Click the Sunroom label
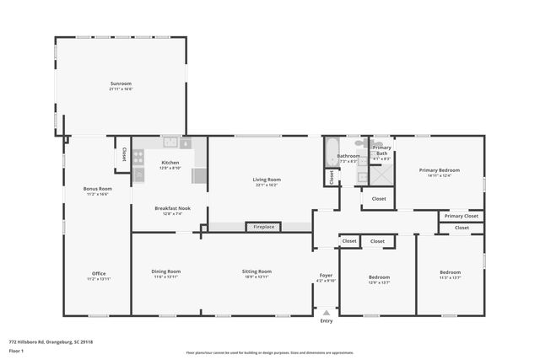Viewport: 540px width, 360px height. point(121,83)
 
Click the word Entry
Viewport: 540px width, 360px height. point(327,321)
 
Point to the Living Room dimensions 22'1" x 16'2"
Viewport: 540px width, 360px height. point(267,184)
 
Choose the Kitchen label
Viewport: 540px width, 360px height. point(170,162)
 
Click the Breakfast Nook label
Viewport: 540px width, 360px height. point(172,208)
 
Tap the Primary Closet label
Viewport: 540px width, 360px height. point(461,217)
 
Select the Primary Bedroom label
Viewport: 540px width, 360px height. point(439,170)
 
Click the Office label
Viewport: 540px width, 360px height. point(99,273)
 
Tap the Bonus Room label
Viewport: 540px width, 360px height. point(99,189)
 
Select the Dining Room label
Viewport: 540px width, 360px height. point(166,271)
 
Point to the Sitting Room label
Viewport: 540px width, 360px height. point(256,271)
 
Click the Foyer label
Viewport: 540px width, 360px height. point(326,276)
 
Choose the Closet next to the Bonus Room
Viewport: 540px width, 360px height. point(124,155)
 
